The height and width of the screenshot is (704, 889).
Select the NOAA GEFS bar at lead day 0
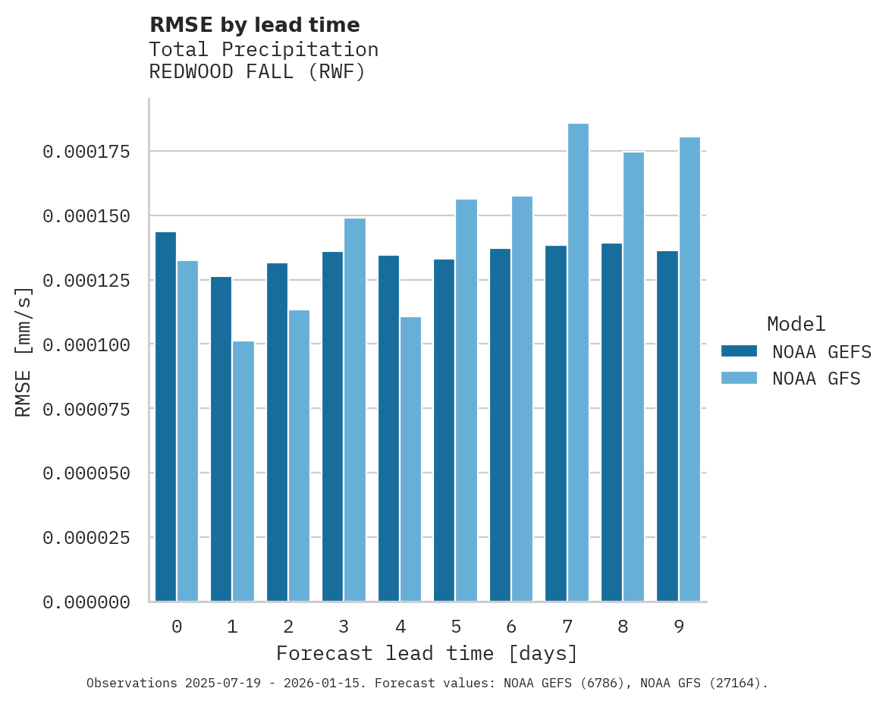coord(165,416)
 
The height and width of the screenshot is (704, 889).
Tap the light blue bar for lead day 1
coord(243,471)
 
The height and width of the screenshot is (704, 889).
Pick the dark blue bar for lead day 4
coord(388,429)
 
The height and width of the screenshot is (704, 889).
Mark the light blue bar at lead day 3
coord(355,410)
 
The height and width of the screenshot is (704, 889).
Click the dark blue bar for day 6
coord(500,425)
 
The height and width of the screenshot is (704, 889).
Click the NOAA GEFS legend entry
coord(791,352)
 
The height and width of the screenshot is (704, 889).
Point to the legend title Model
coord(796,325)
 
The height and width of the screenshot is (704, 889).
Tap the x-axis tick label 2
coord(288,627)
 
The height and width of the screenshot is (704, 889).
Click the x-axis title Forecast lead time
coord(427,653)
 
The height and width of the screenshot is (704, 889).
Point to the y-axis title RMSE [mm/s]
coord(24,350)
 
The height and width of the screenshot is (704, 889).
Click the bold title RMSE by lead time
coord(254,25)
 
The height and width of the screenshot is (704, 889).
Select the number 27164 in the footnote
coord(733,684)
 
